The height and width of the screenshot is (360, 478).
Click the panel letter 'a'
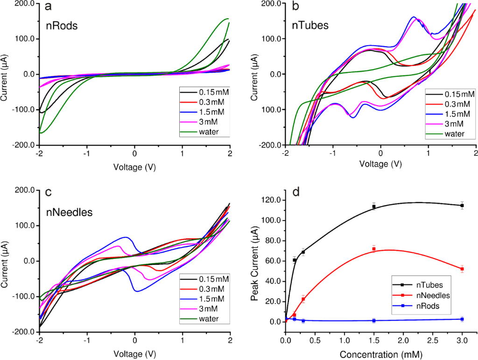pyautogui.click(x=48, y=7)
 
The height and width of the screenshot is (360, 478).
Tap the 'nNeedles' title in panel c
pyautogui.click(x=69, y=213)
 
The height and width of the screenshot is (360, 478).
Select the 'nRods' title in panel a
pyautogui.click(x=61, y=26)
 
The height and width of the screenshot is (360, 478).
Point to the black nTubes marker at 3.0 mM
pyautogui.click(x=462, y=206)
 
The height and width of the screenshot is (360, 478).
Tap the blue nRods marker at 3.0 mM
pyautogui.click(x=462, y=319)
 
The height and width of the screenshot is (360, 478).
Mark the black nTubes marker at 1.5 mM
pyautogui.click(x=374, y=207)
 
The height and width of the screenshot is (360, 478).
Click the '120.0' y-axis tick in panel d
pyautogui.click(x=270, y=200)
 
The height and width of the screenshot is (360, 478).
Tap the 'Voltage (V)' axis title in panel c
pyautogui.click(x=135, y=351)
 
